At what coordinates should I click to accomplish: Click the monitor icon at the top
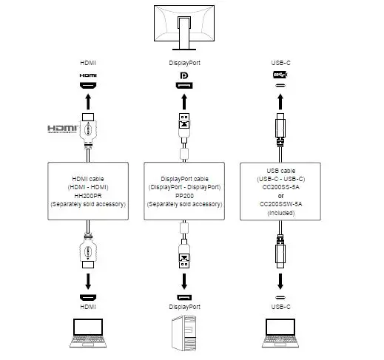coord(185,23)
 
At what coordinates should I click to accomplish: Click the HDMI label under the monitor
coord(88,64)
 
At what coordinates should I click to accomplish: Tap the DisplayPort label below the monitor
coord(184,64)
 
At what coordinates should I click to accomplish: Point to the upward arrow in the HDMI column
coord(88,100)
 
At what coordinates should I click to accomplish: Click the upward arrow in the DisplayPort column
coord(184,101)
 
